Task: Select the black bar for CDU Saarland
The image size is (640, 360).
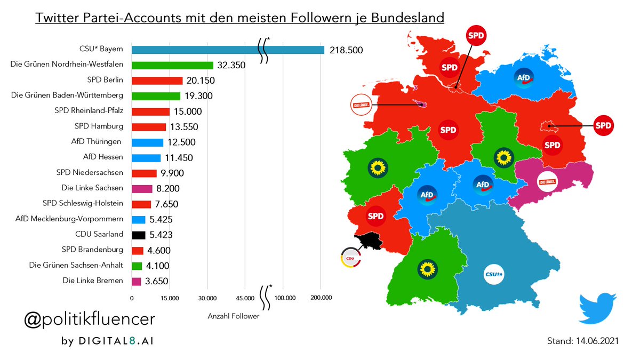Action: tap(139, 235)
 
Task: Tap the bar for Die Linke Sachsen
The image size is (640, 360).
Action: tap(142, 188)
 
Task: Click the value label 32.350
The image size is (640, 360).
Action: tap(233, 66)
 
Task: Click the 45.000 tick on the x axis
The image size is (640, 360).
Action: tap(245, 297)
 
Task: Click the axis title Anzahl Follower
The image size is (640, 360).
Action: tap(233, 316)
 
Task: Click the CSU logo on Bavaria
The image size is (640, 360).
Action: tap(494, 275)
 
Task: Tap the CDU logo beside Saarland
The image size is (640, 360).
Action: tap(350, 259)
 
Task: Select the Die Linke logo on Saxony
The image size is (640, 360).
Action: tap(548, 182)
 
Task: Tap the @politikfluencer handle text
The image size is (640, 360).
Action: tap(90, 319)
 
